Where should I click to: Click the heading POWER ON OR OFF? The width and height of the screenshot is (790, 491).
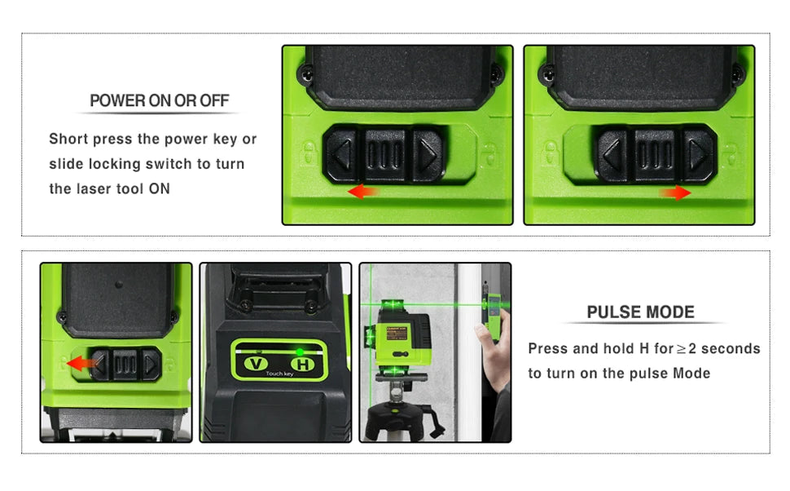pyautogui.click(x=159, y=100)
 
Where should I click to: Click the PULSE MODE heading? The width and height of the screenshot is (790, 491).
pyautogui.click(x=640, y=312)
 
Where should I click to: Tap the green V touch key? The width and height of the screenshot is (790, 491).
pyautogui.click(x=256, y=363)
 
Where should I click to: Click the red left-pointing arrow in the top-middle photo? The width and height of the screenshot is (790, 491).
pyautogui.click(x=362, y=191)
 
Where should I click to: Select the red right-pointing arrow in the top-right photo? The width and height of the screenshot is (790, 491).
pyautogui.click(x=675, y=192)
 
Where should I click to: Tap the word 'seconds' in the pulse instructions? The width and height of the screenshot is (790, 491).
pyautogui.click(x=731, y=349)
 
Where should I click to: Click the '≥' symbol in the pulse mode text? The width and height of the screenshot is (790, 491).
pyautogui.click(x=681, y=349)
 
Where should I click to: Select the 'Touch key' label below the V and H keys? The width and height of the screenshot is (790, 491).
pyautogui.click(x=279, y=374)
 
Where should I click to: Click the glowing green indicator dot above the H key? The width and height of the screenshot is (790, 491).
pyautogui.click(x=300, y=352)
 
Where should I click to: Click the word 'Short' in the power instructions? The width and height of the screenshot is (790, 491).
pyautogui.click(x=68, y=139)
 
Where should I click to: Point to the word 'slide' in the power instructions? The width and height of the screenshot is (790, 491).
pyautogui.click(x=66, y=163)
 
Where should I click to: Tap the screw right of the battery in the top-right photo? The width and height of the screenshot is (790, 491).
pyautogui.click(x=737, y=73)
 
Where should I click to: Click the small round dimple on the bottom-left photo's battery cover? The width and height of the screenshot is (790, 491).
pyautogui.click(x=119, y=285)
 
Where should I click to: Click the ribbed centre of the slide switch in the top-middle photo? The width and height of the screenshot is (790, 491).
pyautogui.click(x=385, y=154)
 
